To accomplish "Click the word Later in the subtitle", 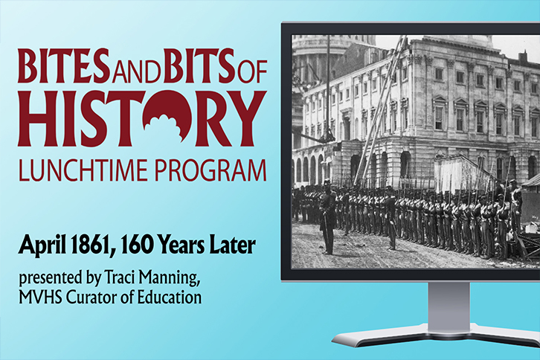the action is [235, 245].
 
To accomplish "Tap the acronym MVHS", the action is [40, 297].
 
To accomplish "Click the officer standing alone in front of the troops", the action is [327, 219].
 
